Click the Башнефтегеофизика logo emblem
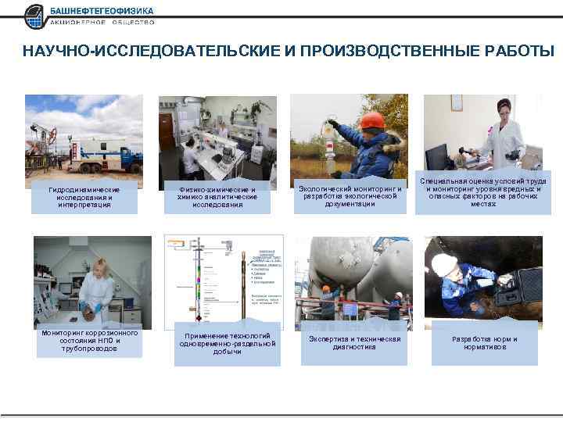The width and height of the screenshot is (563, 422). (35, 16)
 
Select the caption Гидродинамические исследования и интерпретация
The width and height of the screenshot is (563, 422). (84, 197)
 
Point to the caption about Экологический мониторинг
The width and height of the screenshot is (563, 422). (350, 196)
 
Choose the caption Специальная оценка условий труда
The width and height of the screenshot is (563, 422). (483, 192)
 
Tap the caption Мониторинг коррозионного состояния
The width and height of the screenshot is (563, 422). (89, 341)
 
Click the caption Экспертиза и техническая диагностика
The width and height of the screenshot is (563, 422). (354, 342)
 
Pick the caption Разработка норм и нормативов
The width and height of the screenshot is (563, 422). (484, 342)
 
